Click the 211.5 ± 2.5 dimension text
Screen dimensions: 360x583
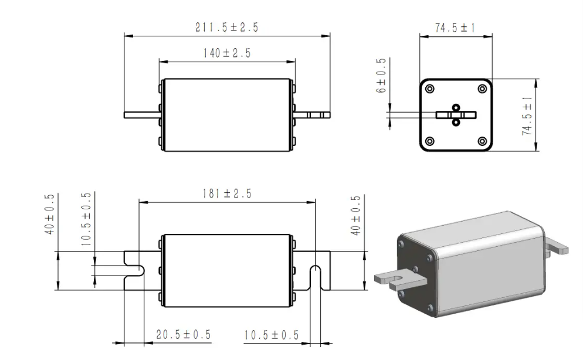226,27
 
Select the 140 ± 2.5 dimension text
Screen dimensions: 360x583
227,53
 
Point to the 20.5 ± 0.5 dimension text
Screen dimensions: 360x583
183,335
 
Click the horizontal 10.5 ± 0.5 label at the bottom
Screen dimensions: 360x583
271,335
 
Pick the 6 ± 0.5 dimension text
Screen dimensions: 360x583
382,76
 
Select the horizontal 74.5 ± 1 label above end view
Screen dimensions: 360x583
455,28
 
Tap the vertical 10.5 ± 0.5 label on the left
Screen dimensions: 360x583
86,219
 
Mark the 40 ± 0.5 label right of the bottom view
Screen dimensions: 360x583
355,215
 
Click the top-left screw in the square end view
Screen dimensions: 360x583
430,89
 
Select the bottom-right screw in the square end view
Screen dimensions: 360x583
482,141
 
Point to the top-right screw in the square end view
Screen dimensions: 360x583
482,89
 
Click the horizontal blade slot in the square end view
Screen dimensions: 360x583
456,115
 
